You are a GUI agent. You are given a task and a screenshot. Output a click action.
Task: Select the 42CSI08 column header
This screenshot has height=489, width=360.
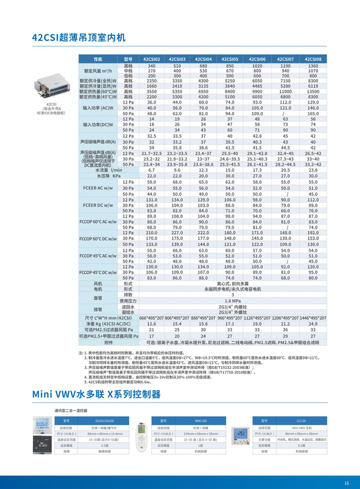313,59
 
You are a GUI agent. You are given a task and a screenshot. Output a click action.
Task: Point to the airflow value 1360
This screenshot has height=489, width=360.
313,66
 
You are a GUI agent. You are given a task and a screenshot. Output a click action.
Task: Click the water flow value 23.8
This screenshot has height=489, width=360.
313,171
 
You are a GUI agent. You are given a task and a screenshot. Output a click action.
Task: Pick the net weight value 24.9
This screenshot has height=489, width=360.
313,324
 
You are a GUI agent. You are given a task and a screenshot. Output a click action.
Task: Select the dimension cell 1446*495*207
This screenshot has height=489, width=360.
313,318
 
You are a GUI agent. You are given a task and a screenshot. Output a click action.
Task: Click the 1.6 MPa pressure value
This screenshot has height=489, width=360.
230,301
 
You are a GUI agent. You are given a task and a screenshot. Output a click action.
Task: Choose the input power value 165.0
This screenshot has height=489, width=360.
313,114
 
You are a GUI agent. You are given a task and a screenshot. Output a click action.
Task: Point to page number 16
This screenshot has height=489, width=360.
346,483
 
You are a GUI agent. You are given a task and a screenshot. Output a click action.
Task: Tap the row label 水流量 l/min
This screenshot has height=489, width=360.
108,171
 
